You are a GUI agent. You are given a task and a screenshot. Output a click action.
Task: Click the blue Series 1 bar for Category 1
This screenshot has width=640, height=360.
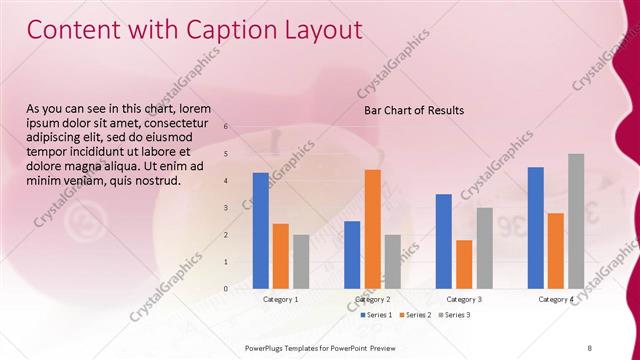261,230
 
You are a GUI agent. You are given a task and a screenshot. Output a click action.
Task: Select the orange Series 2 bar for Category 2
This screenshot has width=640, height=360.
372,228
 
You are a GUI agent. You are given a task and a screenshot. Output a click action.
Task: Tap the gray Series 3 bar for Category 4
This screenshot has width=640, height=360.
576,221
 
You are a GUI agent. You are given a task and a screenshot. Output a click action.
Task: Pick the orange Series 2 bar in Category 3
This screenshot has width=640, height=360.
464,264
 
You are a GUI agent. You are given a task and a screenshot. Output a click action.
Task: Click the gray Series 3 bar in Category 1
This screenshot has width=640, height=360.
301,261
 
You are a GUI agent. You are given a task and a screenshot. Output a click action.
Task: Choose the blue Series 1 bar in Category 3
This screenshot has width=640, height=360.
443,241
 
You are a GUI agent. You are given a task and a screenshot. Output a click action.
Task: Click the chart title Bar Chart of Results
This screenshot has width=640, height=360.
414,110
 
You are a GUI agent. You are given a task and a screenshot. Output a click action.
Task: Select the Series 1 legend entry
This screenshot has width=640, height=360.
375,315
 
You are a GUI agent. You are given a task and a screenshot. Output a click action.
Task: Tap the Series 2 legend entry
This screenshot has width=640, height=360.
415,315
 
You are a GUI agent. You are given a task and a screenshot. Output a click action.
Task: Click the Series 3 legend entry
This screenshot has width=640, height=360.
454,315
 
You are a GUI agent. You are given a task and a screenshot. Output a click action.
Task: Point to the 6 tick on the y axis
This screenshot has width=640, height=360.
227,127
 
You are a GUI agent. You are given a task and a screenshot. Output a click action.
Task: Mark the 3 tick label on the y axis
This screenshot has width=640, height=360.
227,208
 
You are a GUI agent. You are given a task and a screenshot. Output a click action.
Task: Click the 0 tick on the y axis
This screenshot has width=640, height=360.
227,289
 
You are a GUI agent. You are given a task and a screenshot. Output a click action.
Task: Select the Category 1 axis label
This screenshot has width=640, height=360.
280,299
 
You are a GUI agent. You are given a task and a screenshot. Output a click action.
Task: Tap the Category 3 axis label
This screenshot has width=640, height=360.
464,299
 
